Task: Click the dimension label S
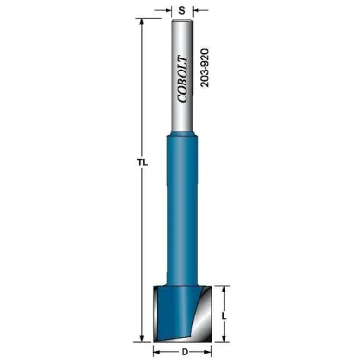(x=182, y=11)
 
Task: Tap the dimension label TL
(x=143, y=162)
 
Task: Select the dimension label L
(x=225, y=316)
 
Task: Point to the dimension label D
(x=185, y=352)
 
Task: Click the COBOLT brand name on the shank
(x=183, y=79)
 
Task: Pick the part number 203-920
(x=204, y=68)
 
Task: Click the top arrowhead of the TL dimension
(x=142, y=22)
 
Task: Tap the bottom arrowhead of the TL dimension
(x=142, y=339)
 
